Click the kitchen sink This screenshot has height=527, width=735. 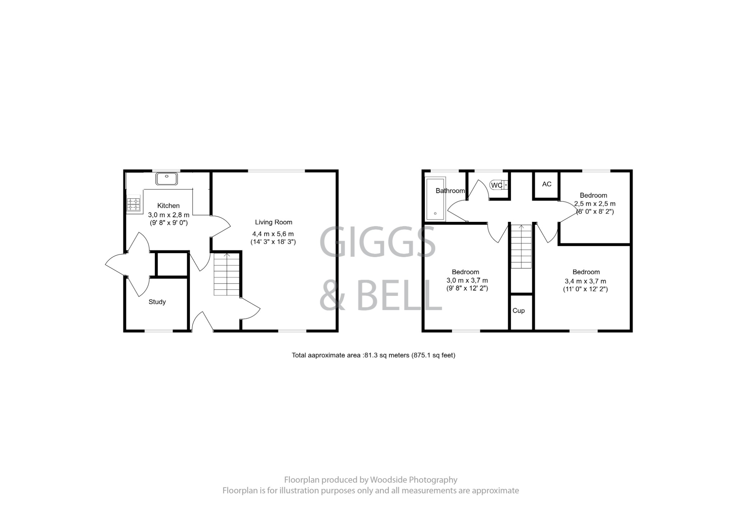167,178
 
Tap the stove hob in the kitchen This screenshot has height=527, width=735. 133,205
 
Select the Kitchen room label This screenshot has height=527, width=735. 168,206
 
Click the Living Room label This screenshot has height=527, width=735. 273,222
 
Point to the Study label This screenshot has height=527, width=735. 157,302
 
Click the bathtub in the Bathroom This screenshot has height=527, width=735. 435,199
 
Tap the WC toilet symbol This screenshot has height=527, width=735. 498,185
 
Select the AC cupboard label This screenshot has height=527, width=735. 547,184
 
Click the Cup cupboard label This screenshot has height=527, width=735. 518,311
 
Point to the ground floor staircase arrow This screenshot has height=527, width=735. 227,255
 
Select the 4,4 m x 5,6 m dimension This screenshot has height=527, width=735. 273,234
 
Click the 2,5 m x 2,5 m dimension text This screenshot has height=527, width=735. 595,204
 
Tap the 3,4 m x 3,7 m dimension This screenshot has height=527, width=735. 585,281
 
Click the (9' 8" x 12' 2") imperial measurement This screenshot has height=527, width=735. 467,288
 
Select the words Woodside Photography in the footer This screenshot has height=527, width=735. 413,480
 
